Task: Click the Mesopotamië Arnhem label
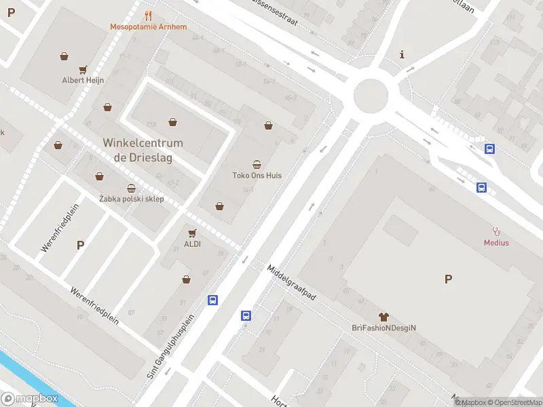(148, 27)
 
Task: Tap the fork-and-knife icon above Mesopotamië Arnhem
(149, 16)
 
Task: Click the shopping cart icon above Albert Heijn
(83, 69)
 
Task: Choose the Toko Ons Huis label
(257, 175)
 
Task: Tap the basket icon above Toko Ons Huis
(257, 164)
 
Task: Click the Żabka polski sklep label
(132, 199)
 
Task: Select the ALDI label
(192, 244)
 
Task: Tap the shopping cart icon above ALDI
(192, 233)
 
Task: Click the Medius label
(496, 242)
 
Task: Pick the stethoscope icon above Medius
(496, 231)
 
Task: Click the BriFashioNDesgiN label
(383, 328)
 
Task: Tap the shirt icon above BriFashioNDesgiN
(383, 317)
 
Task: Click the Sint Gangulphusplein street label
(171, 345)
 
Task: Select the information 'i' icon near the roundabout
(402, 54)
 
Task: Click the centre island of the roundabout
(371, 96)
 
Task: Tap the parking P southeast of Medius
(448, 279)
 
